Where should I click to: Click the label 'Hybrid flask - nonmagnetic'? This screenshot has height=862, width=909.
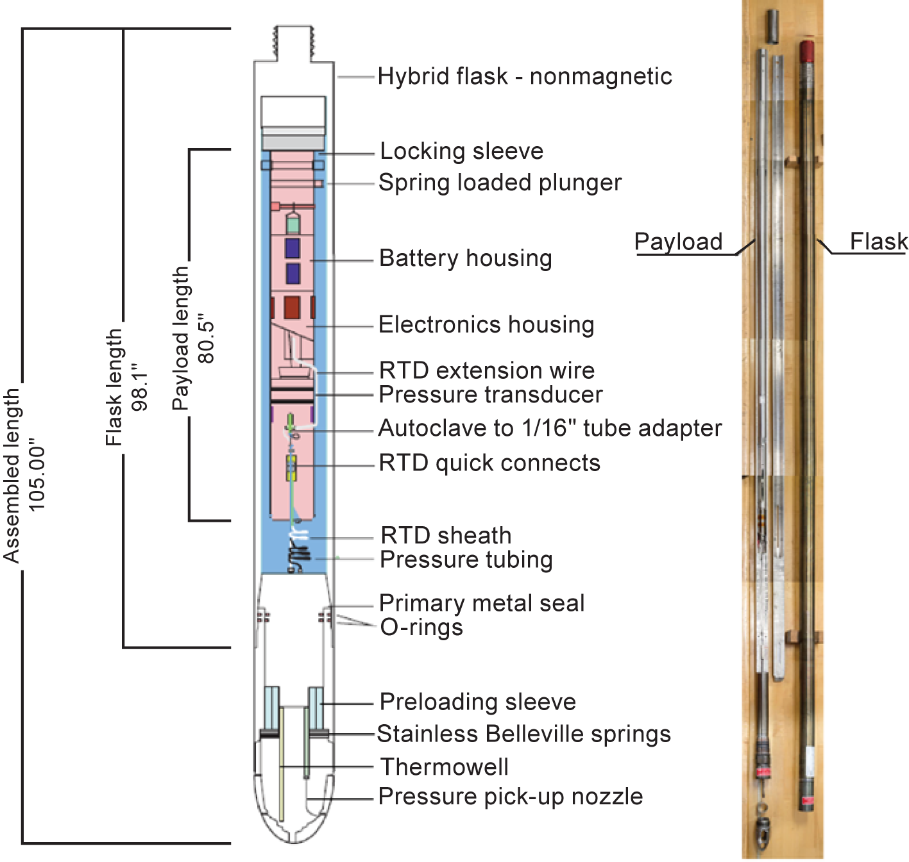pyautogui.click(x=525, y=76)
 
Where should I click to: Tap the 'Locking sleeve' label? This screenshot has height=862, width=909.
pyautogui.click(x=461, y=151)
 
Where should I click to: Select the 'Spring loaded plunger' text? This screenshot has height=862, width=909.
pyautogui.click(x=500, y=183)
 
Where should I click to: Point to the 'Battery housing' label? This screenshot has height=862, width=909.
pyautogui.click(x=466, y=258)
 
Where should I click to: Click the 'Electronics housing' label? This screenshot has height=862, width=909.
pyautogui.click(x=486, y=324)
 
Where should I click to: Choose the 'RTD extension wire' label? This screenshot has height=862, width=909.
pyautogui.click(x=487, y=370)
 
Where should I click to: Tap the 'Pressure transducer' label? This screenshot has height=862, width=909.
pyautogui.click(x=491, y=395)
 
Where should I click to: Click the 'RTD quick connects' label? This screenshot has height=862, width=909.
pyautogui.click(x=489, y=463)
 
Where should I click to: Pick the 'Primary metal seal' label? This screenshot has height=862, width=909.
pyautogui.click(x=482, y=603)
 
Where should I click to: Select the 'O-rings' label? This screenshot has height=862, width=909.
pyautogui.click(x=421, y=627)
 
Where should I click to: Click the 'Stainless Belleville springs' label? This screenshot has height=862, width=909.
pyautogui.click(x=524, y=734)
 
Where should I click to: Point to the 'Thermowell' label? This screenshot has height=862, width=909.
pyautogui.click(x=445, y=767)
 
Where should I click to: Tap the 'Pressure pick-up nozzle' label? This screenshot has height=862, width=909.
pyautogui.click(x=511, y=797)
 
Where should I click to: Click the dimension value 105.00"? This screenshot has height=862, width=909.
pyautogui.click(x=37, y=478)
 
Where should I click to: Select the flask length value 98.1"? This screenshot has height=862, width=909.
pyautogui.click(x=139, y=386)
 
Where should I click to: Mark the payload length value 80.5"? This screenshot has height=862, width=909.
pyautogui.click(x=206, y=338)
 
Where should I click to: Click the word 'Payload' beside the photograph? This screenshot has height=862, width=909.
pyautogui.click(x=678, y=242)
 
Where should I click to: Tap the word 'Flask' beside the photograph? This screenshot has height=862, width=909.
pyautogui.click(x=879, y=241)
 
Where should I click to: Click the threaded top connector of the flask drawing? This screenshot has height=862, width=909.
pyautogui.click(x=294, y=43)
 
